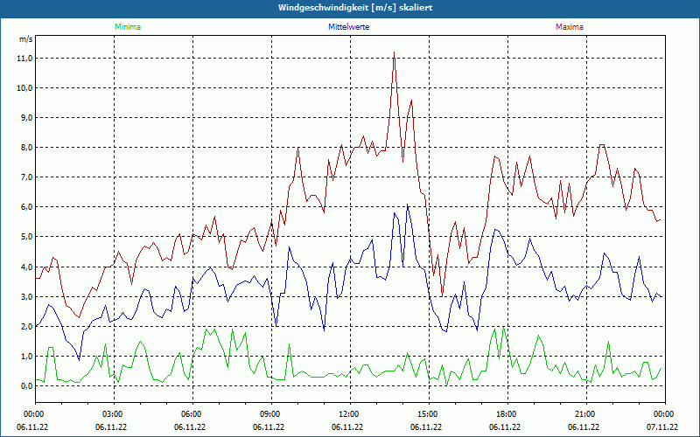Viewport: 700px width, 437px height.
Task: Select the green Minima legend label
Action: click(127, 27)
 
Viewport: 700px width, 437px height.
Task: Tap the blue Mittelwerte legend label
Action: click(348, 27)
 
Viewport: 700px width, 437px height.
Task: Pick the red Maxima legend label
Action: click(569, 27)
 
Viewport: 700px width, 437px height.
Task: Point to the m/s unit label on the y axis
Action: click(25, 39)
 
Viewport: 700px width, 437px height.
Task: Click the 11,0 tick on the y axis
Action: click(24, 59)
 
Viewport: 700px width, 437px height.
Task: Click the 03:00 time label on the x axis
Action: click(113, 413)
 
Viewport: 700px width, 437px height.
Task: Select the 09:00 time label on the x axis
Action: click(270, 413)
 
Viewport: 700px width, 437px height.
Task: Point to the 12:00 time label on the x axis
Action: click(348, 413)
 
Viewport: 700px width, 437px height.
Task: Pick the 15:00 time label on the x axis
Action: click(427, 413)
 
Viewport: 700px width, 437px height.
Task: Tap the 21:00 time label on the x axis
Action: click(584, 413)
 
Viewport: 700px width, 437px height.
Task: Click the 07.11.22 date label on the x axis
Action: click(663, 427)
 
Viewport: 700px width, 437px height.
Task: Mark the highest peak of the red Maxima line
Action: click(395, 52)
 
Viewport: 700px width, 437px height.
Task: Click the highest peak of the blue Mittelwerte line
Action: click(407, 206)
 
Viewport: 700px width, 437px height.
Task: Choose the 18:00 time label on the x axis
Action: click(506, 413)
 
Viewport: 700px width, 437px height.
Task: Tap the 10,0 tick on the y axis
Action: click(24, 88)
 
